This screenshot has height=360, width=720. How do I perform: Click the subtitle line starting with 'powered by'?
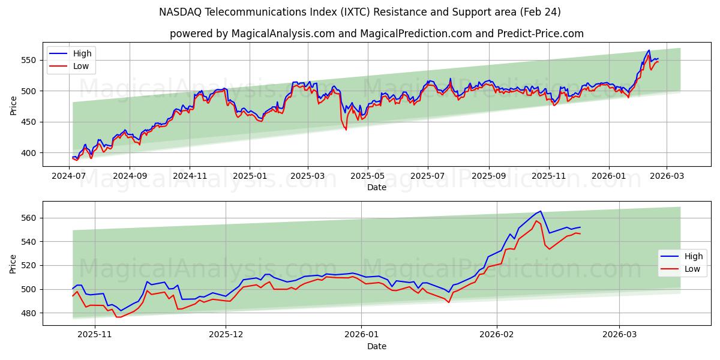(377, 34)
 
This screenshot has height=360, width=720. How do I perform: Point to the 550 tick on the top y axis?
(30, 60)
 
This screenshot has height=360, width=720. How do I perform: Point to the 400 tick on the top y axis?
(30, 153)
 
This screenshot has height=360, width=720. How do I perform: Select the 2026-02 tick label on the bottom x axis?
(498, 335)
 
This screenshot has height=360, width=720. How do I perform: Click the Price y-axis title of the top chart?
(13, 106)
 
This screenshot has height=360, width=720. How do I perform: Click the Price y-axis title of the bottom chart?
(13, 263)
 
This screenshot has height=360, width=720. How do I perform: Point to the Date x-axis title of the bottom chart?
(377, 346)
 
